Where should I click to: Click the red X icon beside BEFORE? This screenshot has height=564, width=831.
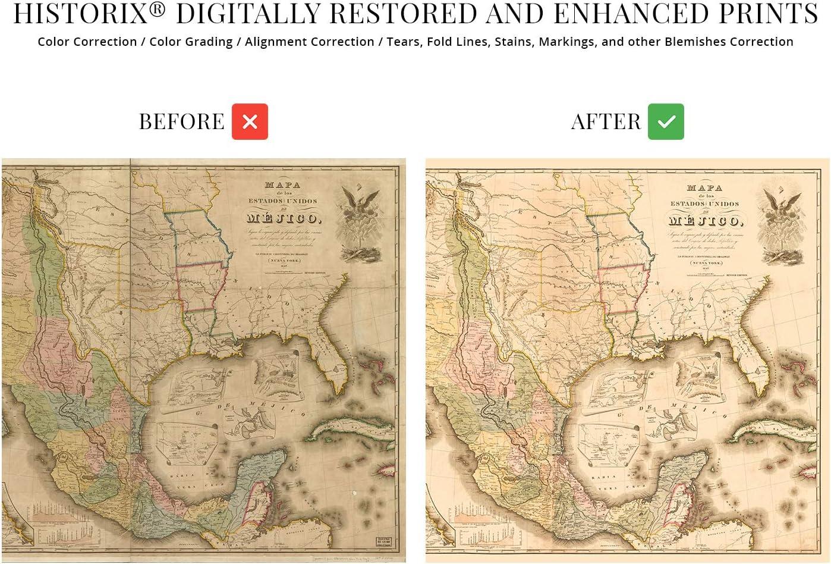pos(250,121)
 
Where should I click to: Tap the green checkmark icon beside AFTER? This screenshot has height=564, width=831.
pos(666,121)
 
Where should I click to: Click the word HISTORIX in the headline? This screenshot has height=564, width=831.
pos(81,14)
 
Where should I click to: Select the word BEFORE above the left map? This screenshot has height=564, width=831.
pos(181,122)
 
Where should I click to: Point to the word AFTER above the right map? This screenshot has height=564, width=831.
pos(606,122)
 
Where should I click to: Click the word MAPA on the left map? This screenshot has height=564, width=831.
pos(282,186)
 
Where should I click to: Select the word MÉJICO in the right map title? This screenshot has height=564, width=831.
pos(704,221)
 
